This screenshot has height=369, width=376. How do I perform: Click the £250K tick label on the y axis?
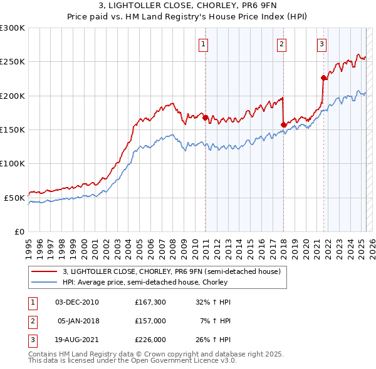pyautogui.click(x=13, y=62)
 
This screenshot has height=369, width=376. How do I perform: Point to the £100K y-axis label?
pyautogui.click(x=13, y=163)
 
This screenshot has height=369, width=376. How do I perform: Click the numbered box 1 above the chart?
pyautogui.click(x=205, y=44)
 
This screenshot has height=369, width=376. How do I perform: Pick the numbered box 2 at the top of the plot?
pyautogui.click(x=282, y=44)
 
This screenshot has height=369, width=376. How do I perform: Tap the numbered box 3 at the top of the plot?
pyautogui.click(x=321, y=44)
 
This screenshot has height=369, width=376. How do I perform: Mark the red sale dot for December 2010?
pyautogui.click(x=205, y=117)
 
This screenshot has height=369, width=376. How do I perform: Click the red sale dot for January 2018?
pyautogui.click(x=283, y=124)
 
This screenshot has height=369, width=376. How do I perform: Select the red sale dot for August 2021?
pyautogui.click(x=324, y=78)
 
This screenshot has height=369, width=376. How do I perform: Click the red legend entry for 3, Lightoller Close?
pyautogui.click(x=175, y=271)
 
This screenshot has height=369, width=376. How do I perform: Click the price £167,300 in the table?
pyautogui.click(x=150, y=302)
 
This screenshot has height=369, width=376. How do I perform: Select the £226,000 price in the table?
pyautogui.click(x=150, y=340)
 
